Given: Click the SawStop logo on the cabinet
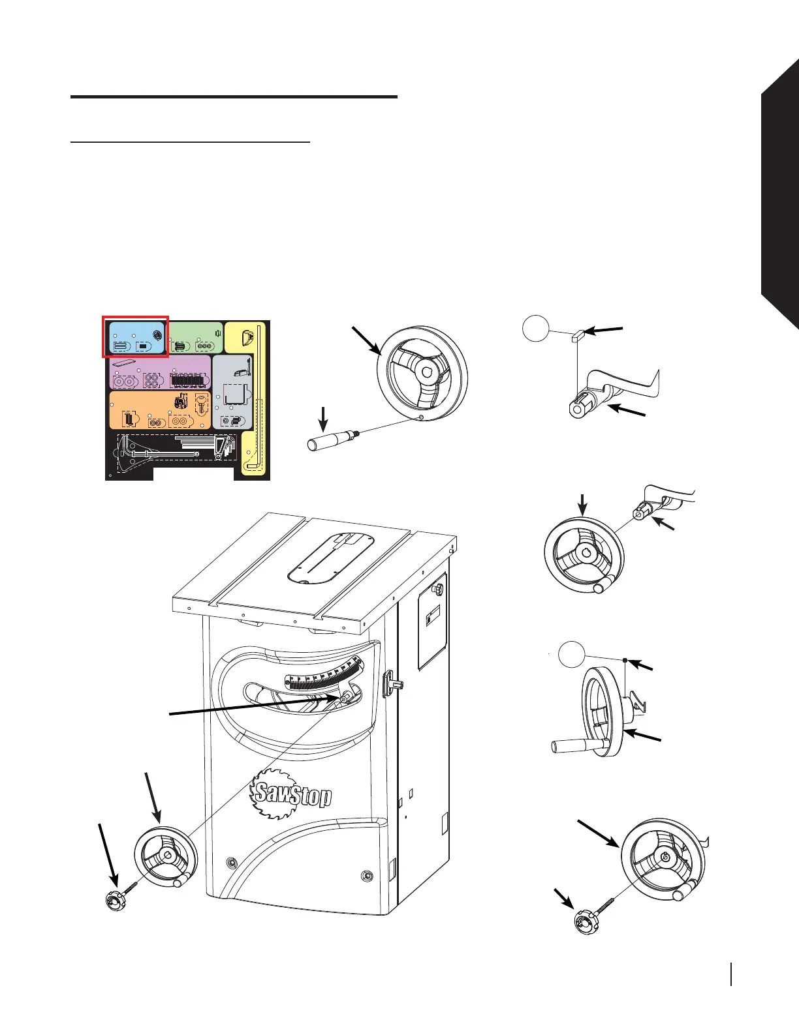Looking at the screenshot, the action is [292, 792].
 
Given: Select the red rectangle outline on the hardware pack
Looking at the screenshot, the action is [136, 318].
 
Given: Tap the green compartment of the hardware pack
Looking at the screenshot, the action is [196, 337].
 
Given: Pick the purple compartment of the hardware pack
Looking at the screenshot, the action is [160, 372].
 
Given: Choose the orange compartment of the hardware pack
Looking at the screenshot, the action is [159, 410].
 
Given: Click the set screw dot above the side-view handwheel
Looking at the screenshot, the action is [625, 661].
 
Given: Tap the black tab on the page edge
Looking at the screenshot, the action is [780, 196].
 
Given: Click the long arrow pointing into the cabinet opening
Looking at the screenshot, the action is [255, 706].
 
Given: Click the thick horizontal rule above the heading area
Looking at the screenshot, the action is [234, 97].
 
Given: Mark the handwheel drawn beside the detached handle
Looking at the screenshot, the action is [424, 373].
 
